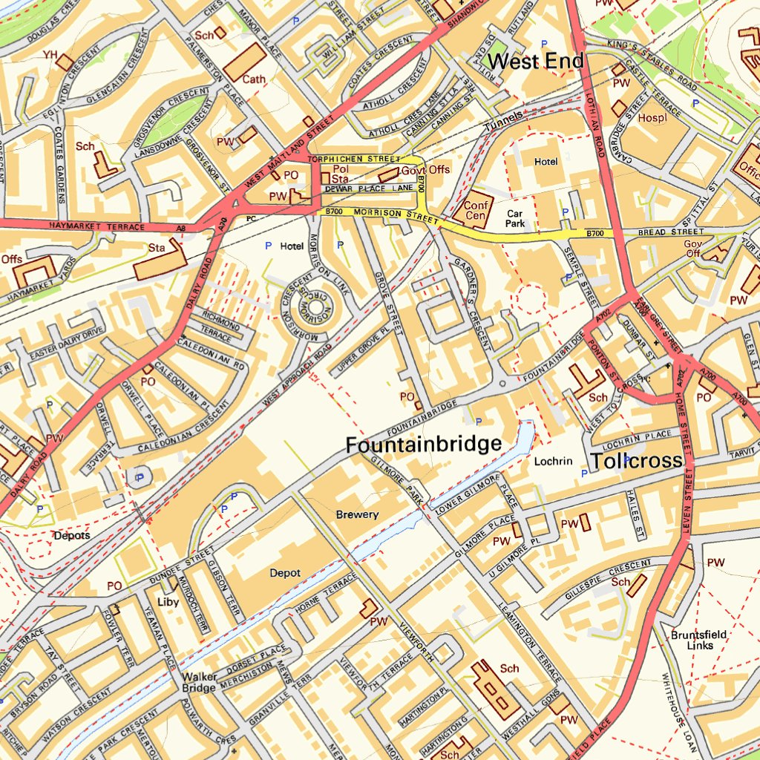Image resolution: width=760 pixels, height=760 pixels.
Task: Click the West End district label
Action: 537,62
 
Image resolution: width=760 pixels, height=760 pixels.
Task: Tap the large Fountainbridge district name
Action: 423,445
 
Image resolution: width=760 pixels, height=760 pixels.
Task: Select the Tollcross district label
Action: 636,461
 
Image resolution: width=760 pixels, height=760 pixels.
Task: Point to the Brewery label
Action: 357,514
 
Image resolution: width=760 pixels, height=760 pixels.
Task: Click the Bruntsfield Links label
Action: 698,640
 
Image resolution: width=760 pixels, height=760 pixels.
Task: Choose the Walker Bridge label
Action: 200,682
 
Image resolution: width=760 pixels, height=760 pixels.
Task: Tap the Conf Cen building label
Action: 475,210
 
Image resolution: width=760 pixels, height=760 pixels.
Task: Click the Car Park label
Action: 515,218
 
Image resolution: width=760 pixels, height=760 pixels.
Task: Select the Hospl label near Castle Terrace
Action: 652,117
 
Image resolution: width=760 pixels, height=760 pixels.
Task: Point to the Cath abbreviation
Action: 255,79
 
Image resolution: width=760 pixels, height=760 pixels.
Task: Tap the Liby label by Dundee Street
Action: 168,602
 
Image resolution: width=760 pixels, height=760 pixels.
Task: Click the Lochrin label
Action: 553,461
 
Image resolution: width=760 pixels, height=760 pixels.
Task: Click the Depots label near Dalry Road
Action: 71,535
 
